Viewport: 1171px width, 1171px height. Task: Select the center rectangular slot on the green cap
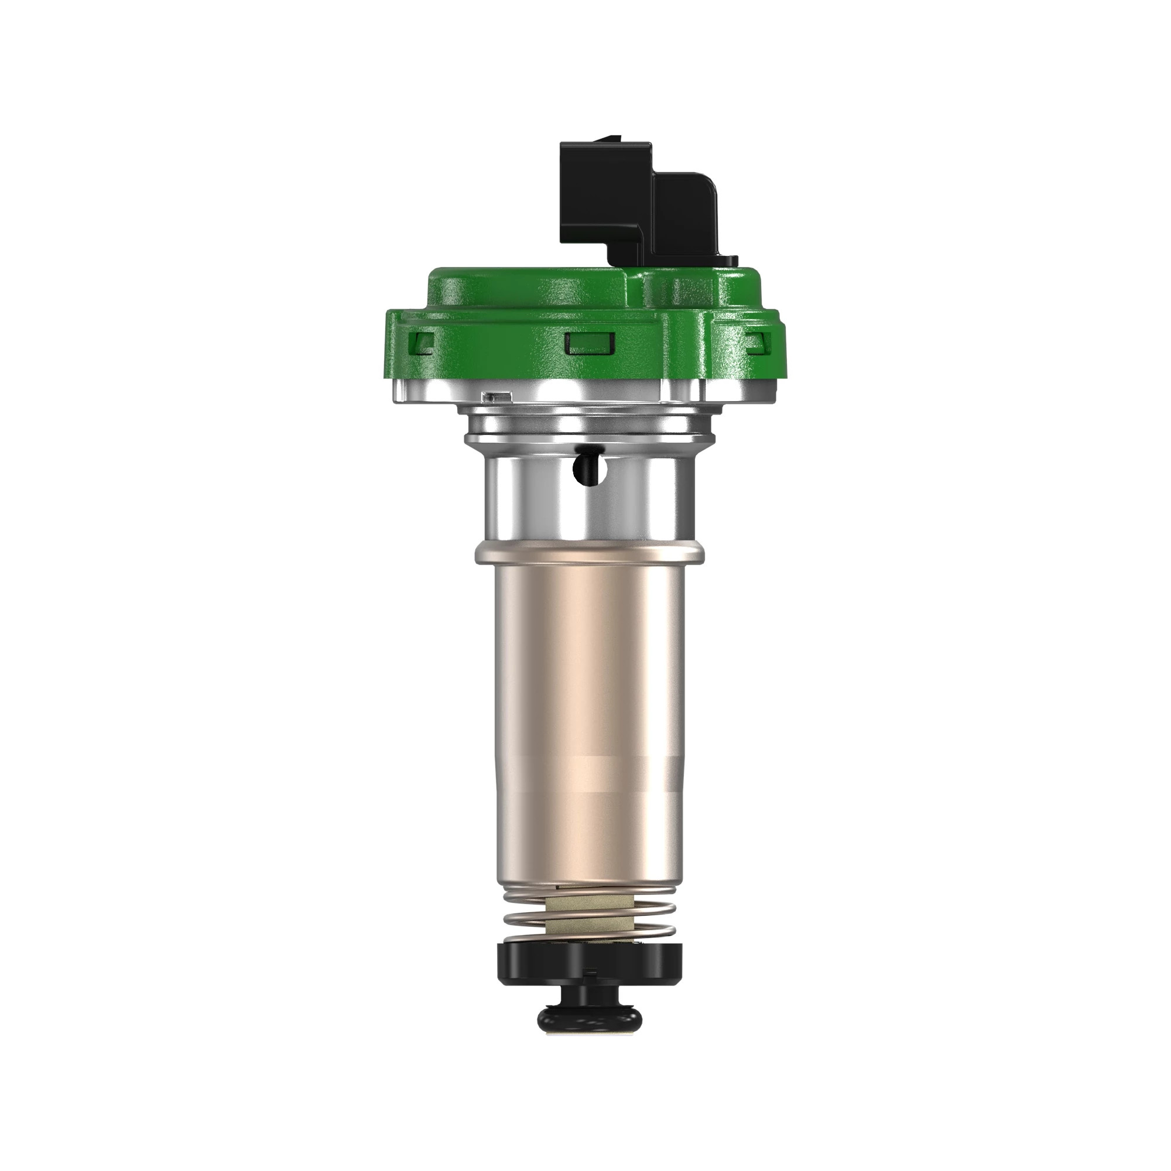[x=590, y=343]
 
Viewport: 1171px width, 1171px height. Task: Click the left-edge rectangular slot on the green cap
[x=424, y=343]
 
